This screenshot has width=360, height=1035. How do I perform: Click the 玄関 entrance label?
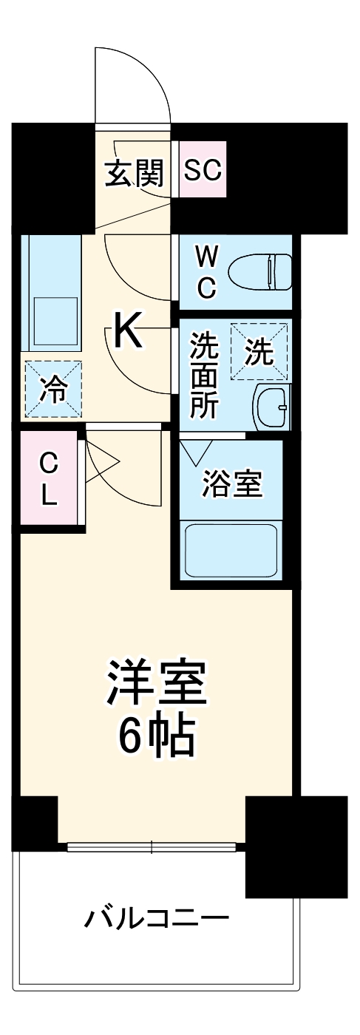pyautogui.click(x=133, y=172)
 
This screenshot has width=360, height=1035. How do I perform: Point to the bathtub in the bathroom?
pyautogui.click(x=231, y=549)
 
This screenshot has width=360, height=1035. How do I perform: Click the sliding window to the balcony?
pyautogui.click(x=155, y=847)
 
